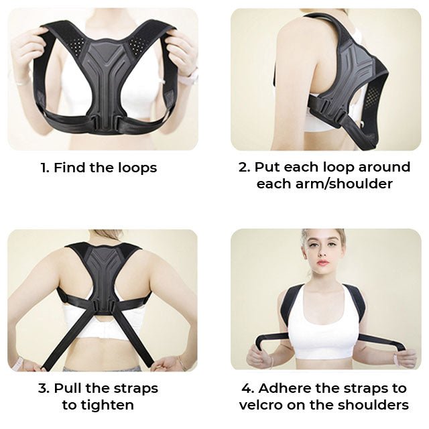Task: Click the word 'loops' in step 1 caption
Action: (x=137, y=168)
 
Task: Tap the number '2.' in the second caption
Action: (x=244, y=167)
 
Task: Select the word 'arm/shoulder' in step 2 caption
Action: (x=344, y=184)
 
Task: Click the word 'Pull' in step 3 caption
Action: (x=68, y=388)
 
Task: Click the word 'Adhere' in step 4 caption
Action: (x=284, y=388)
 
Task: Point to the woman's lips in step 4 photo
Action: (x=323, y=263)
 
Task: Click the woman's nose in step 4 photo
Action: (x=322, y=253)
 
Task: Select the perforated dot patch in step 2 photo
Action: (x=372, y=97)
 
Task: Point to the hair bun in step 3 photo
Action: (x=106, y=233)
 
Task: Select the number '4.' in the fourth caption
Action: (x=248, y=388)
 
